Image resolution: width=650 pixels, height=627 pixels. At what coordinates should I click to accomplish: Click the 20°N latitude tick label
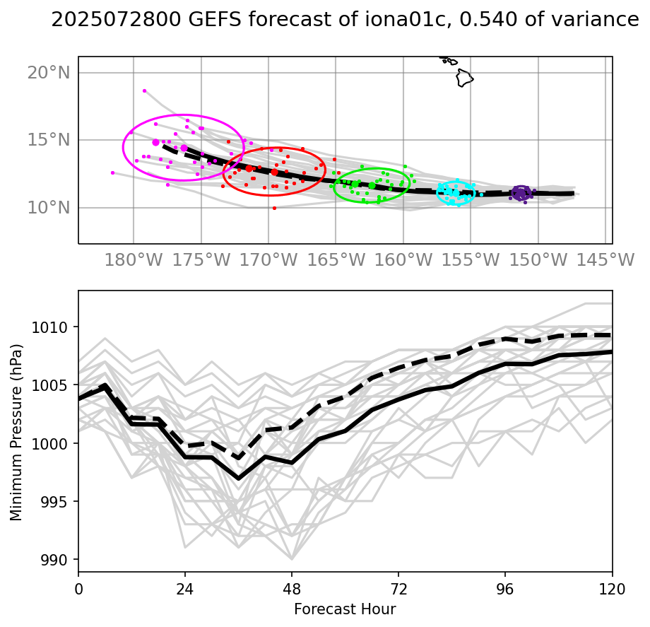[x=49, y=73]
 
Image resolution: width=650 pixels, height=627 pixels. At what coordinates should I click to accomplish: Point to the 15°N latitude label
[x=49, y=140]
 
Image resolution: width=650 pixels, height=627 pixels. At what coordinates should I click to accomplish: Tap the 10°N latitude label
[x=49, y=207]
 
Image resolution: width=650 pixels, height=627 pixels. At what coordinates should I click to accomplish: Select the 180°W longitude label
[x=134, y=260]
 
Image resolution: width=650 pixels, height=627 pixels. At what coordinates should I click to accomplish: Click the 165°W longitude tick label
[x=336, y=260]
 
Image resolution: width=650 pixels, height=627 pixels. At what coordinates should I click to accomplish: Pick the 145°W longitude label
[x=605, y=260]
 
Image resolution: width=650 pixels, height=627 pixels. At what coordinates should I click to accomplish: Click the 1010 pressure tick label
[x=49, y=327]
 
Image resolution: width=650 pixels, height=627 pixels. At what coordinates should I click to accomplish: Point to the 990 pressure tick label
[x=54, y=560]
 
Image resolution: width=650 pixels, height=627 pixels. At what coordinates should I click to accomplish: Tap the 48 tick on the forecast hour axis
[x=292, y=589]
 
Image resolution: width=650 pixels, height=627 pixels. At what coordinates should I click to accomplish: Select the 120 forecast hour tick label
[x=612, y=589]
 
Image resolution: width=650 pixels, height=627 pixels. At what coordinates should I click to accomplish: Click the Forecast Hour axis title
[x=345, y=609]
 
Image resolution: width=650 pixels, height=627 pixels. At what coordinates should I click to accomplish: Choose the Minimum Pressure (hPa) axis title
[x=16, y=433]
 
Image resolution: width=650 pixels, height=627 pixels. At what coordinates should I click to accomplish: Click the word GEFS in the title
[x=215, y=20]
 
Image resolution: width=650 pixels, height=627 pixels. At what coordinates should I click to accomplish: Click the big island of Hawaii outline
[x=465, y=78]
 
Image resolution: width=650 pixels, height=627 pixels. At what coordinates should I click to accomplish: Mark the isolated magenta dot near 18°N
[x=144, y=90]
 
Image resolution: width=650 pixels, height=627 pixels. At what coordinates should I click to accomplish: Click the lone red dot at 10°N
[x=274, y=208]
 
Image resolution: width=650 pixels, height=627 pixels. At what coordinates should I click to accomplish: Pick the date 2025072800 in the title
[x=116, y=20]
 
